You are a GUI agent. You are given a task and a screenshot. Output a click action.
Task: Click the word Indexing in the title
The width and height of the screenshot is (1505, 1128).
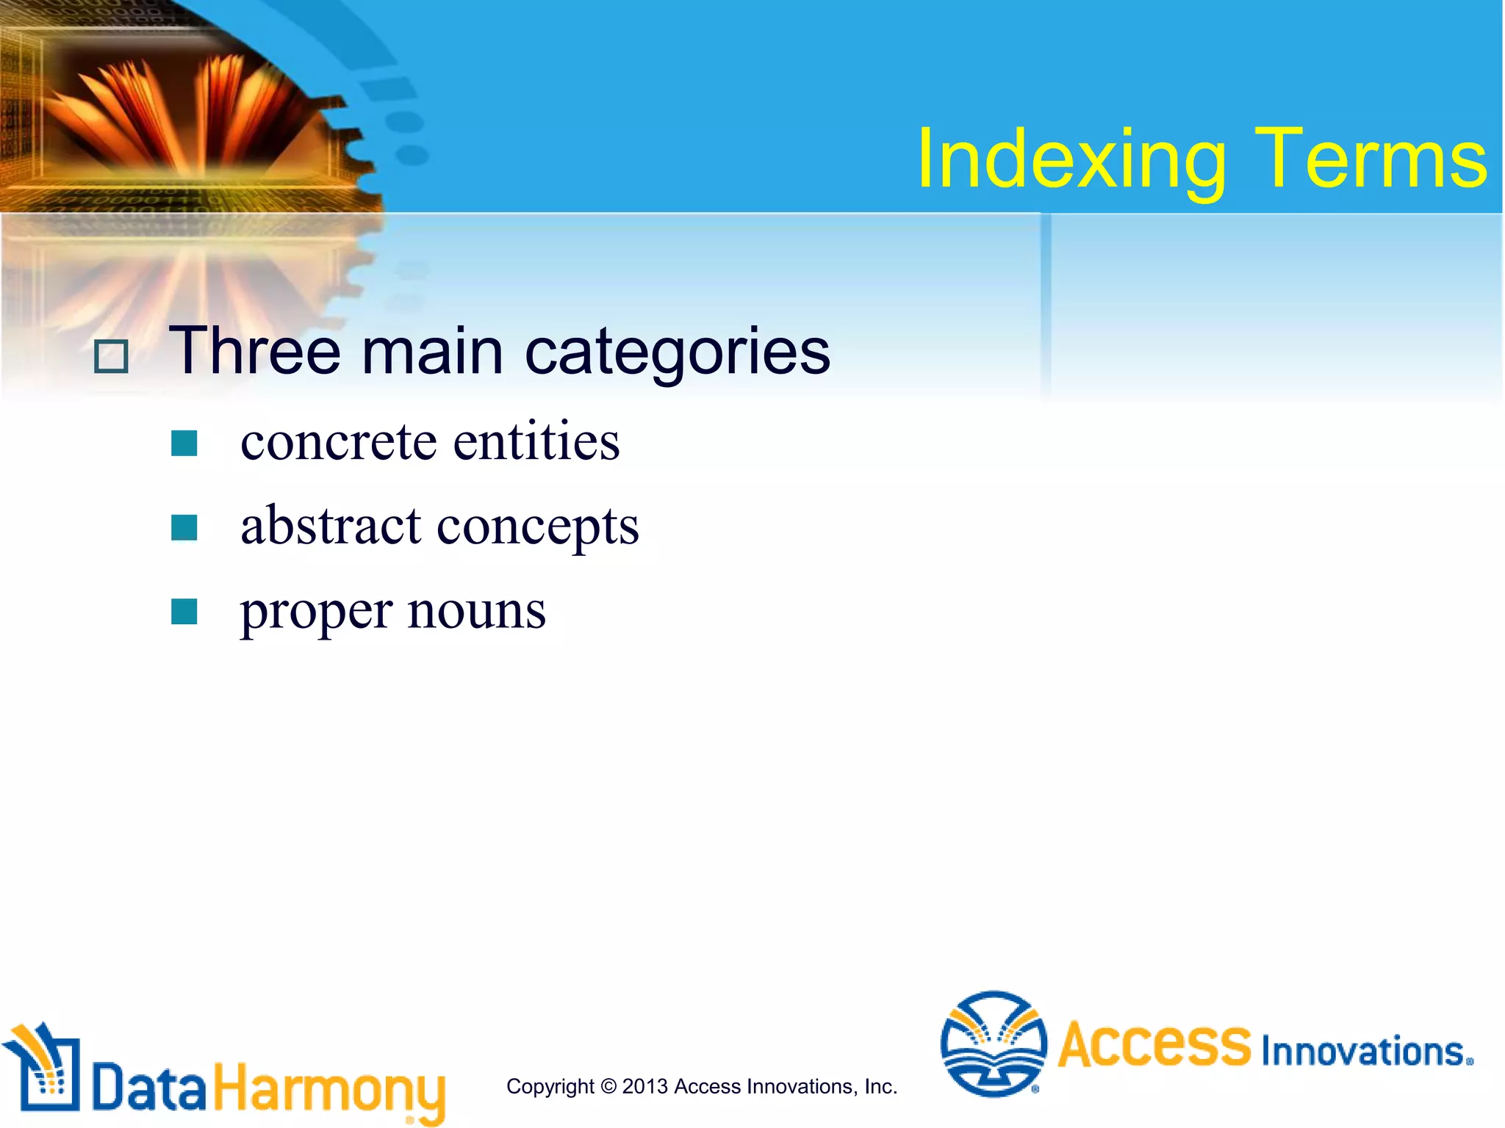(1071, 160)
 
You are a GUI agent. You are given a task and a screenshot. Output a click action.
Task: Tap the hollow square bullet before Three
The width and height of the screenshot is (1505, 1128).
(112, 357)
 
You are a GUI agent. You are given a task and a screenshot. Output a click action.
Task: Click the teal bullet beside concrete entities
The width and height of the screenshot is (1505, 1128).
(184, 444)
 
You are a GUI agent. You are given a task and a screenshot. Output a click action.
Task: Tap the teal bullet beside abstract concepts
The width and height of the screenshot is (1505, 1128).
(184, 527)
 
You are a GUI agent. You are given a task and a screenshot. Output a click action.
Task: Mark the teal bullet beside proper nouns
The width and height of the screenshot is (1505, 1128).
(184, 611)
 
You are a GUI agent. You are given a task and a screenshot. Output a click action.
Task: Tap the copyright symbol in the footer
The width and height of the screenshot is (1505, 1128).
(608, 1086)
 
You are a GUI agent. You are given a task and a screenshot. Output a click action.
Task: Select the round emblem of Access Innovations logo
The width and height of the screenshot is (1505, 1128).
(994, 1044)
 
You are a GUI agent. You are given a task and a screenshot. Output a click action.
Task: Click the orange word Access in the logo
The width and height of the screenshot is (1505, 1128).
(1154, 1044)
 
